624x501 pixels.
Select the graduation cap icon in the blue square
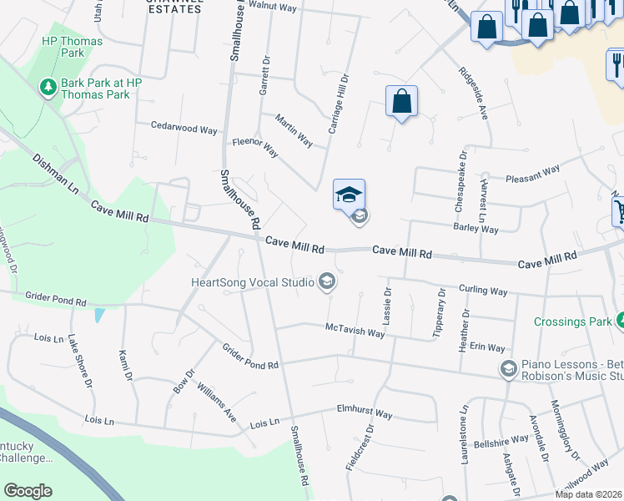point(349,195)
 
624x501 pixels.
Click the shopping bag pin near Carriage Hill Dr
point(401,101)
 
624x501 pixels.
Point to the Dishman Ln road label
point(55,174)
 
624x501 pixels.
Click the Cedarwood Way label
point(184,129)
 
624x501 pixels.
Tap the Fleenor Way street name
point(254,147)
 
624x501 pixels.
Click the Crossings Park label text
point(571,321)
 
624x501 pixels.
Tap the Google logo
point(28,490)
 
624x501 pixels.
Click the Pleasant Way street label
point(532,174)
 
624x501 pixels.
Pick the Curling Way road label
point(483,291)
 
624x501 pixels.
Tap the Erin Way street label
point(487,347)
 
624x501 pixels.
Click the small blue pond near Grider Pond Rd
point(100,316)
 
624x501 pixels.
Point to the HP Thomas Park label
point(72,48)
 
